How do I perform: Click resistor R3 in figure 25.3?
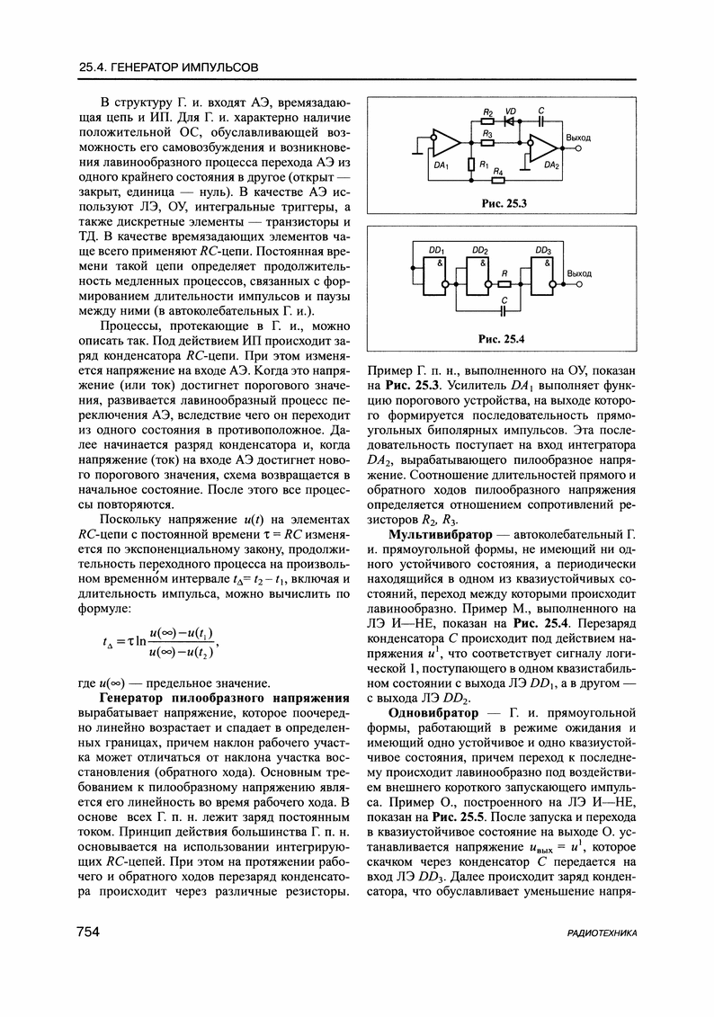[x=487, y=140]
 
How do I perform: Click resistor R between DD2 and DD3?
[x=506, y=283]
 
